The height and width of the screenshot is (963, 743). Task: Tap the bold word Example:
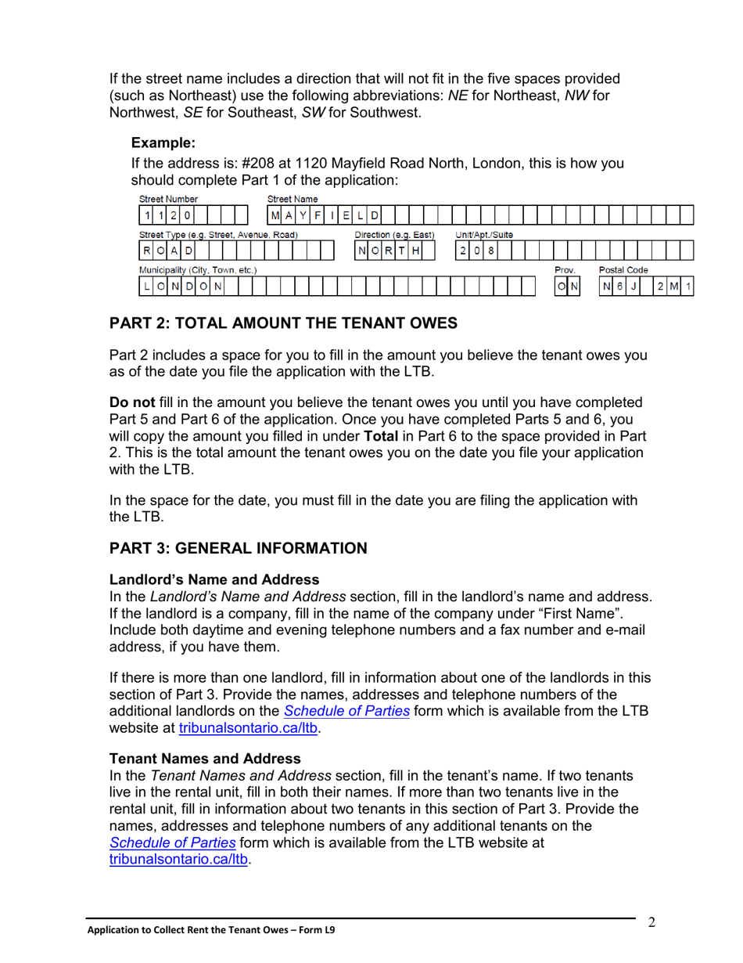pyautogui.click(x=163, y=142)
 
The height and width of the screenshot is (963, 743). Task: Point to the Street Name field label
pyautogui.click(x=292, y=200)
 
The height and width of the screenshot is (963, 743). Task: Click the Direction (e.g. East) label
pyautogui.click(x=394, y=235)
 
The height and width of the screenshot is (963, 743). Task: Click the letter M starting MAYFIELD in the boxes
pyautogui.click(x=275, y=215)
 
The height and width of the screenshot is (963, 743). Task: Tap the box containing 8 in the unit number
pyautogui.click(x=490, y=251)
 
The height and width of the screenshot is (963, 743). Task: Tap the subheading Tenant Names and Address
pyautogui.click(x=205, y=759)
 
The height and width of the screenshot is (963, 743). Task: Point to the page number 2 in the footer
pyautogui.click(x=651, y=922)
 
